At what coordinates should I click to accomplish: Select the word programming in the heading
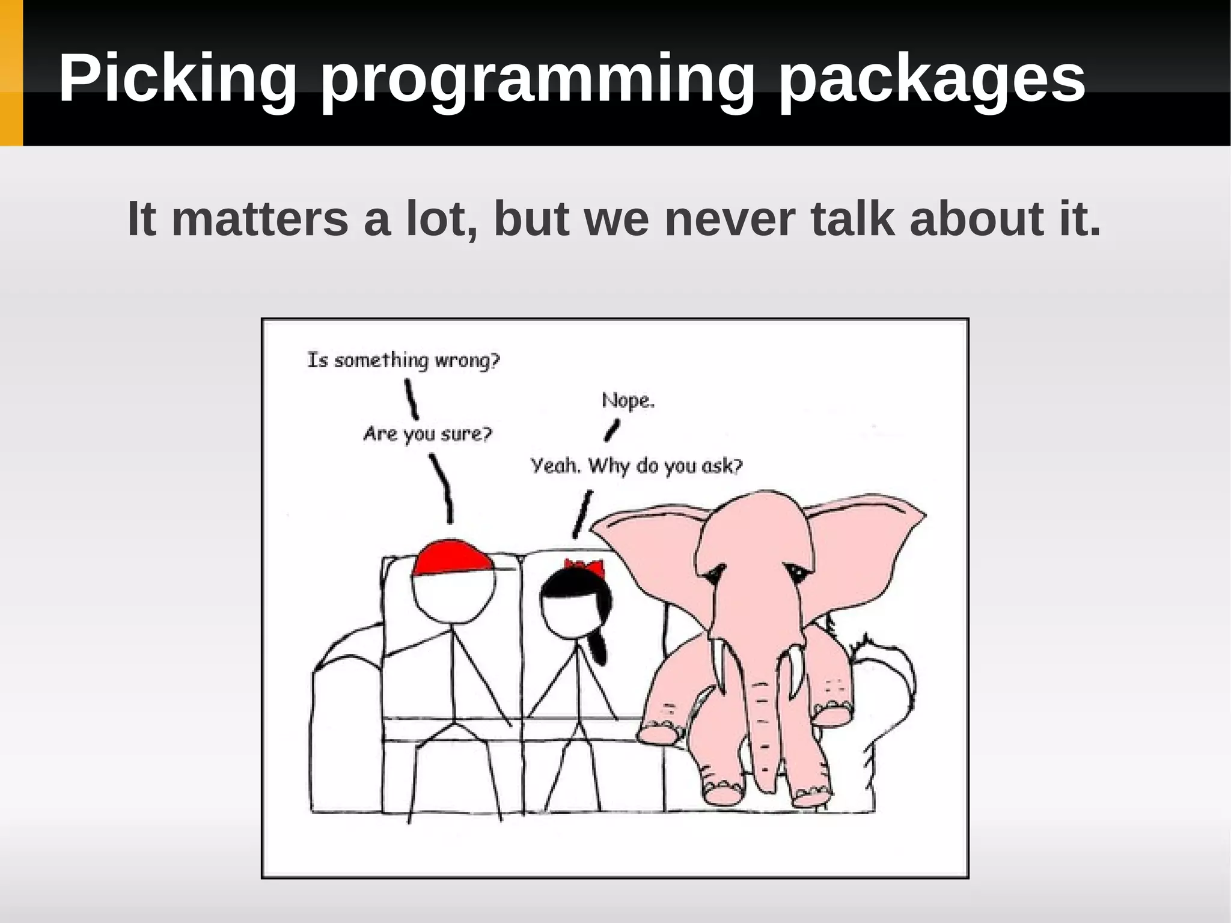tap(536, 79)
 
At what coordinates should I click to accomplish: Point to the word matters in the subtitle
tap(260, 219)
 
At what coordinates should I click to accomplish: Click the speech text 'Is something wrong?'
tap(403, 360)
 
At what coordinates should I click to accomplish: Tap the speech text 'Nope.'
tap(628, 400)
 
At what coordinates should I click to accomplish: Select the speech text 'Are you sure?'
tap(427, 434)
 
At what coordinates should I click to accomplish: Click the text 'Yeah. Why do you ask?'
tap(636, 466)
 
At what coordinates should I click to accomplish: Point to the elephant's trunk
tap(763, 722)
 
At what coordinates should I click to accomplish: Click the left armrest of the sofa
tap(346, 722)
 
